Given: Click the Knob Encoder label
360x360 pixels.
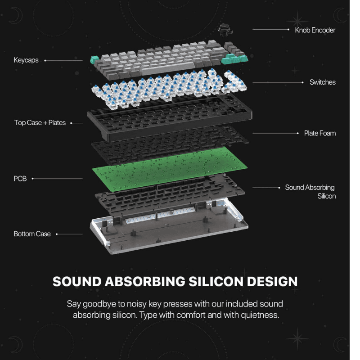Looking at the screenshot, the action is point(315,30).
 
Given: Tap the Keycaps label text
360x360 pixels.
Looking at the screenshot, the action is point(26,60).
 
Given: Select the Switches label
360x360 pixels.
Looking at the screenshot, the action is point(323,82).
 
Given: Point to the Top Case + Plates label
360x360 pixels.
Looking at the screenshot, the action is point(40,122).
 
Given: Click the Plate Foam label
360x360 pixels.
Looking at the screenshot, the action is point(320,133).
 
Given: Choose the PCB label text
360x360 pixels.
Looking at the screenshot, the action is point(20,179).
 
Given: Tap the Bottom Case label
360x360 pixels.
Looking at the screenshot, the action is point(32,234).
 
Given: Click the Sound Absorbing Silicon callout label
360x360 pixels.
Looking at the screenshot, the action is point(310,192).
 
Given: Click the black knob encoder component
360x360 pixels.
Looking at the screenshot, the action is point(225,30).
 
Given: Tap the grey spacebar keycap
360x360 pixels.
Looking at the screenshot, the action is point(167,68).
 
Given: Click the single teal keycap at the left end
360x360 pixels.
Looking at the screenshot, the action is point(94,60).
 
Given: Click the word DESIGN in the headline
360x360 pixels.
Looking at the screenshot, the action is point(272,282).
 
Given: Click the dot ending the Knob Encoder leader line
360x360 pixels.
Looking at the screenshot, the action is point(288,29).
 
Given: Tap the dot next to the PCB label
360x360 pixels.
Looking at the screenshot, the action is point(32,178).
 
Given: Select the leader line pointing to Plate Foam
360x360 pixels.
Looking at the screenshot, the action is point(275,133).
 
